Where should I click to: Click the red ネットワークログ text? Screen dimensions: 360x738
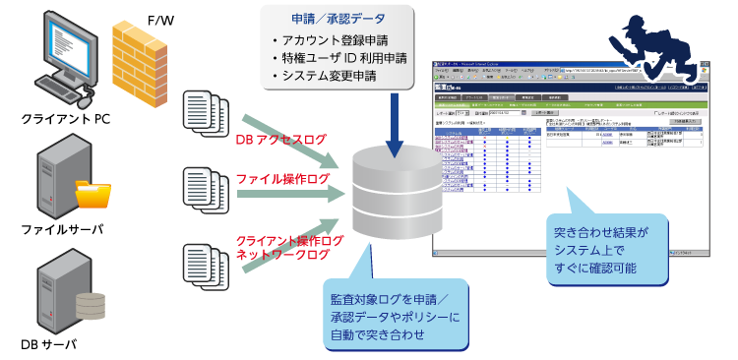coord(284,255)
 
